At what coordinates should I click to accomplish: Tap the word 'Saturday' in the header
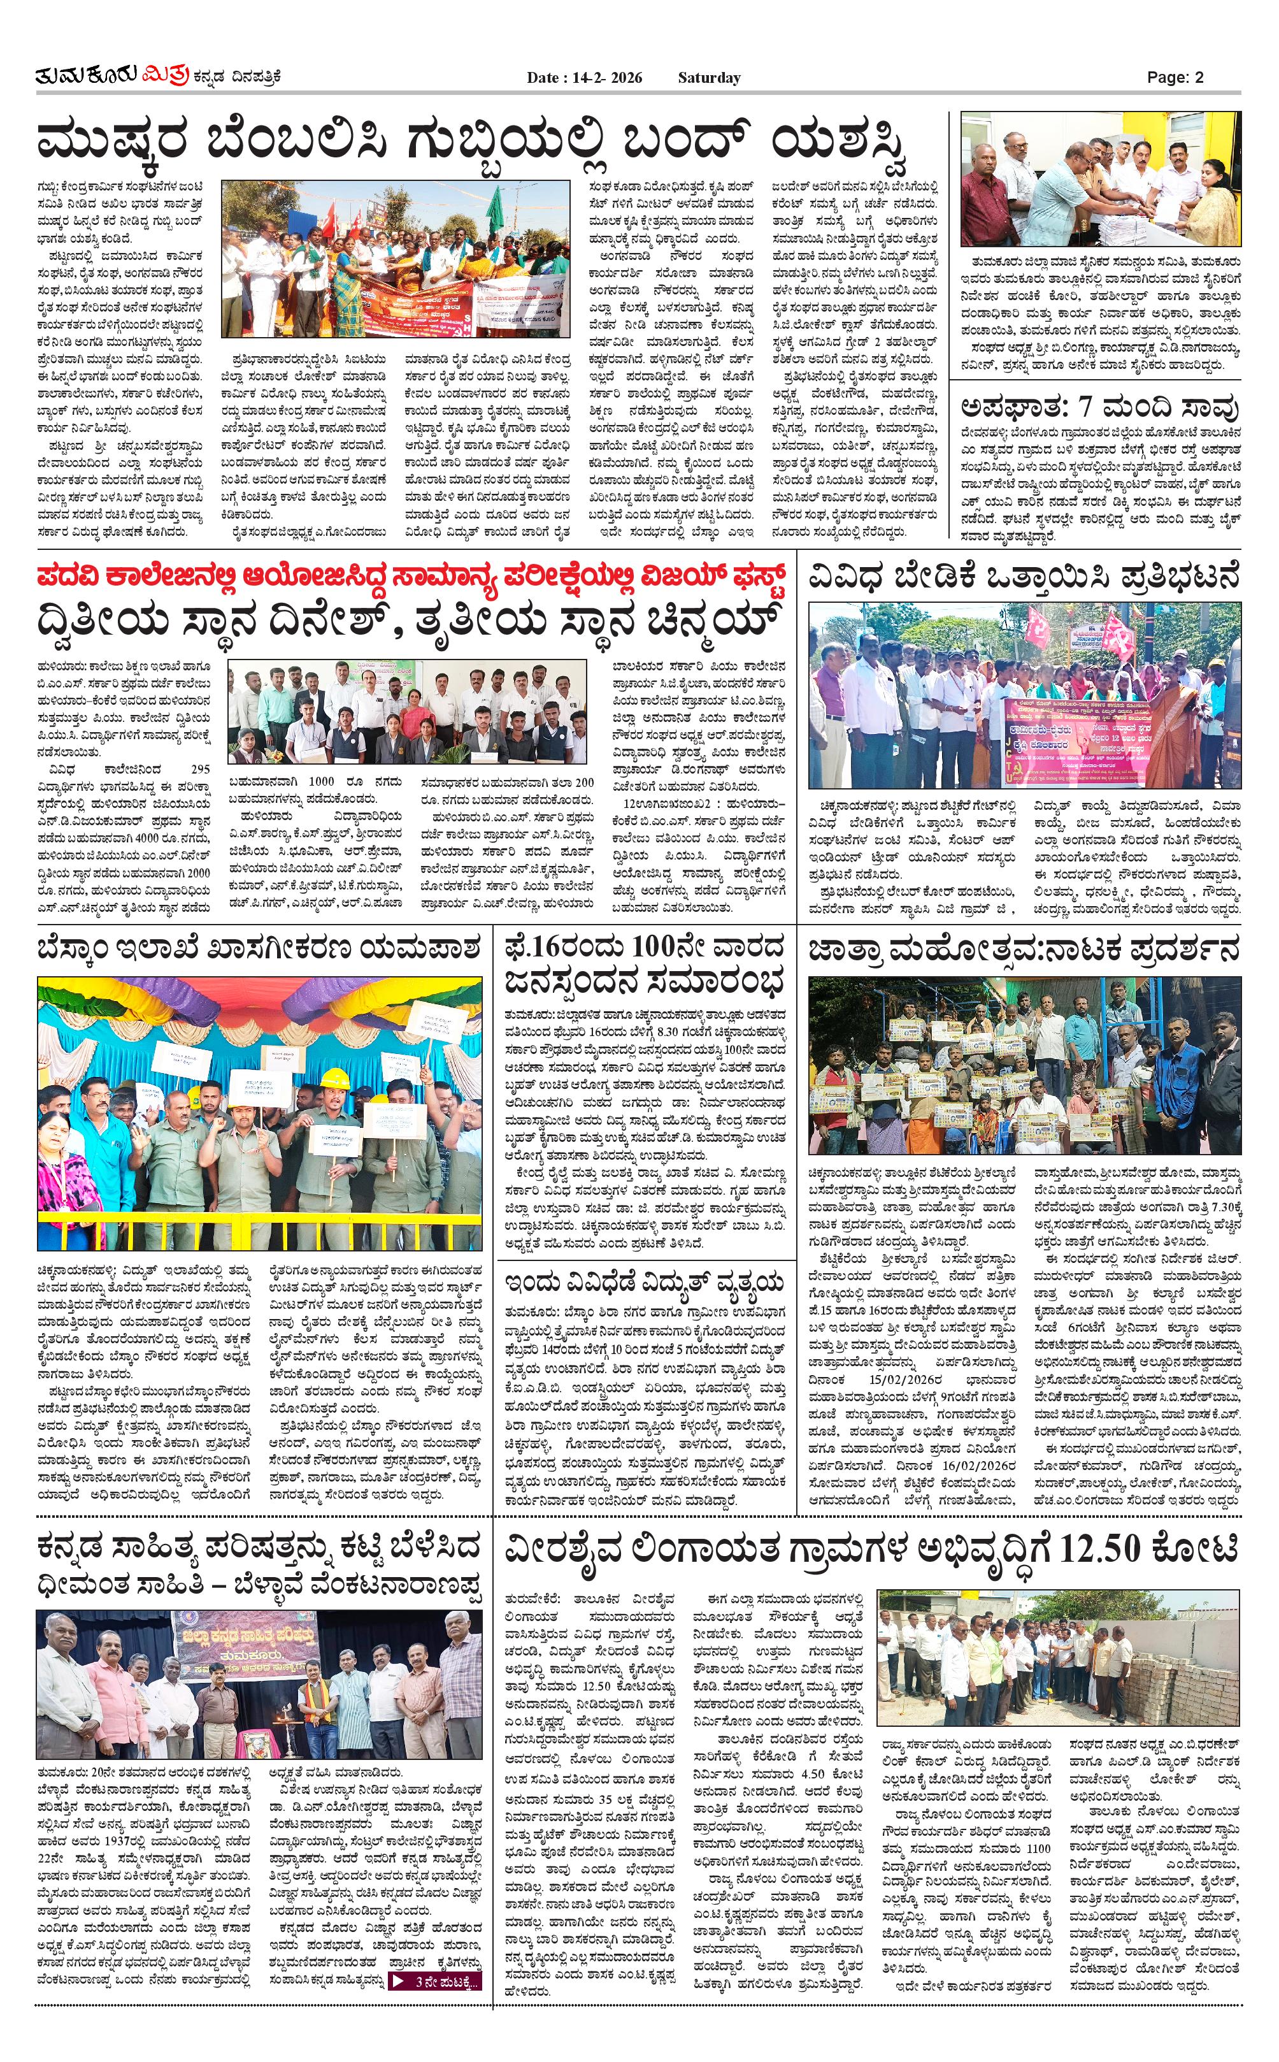pyautogui.click(x=709, y=78)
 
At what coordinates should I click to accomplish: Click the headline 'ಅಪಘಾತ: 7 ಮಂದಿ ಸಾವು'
pyautogui.click(x=1099, y=407)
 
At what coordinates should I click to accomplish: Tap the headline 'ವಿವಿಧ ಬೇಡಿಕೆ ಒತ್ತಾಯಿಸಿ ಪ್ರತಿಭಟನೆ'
pyautogui.click(x=1024, y=578)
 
